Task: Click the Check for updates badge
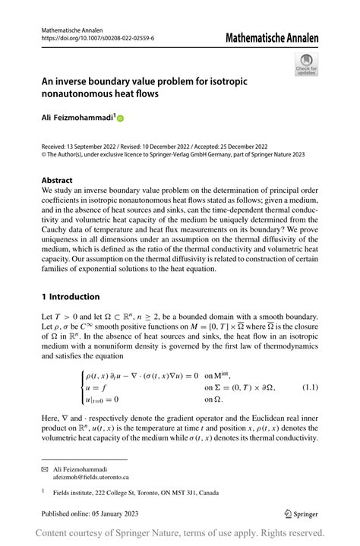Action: click(306, 65)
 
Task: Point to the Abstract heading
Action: click(57, 181)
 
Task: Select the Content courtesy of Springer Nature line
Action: click(180, 532)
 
